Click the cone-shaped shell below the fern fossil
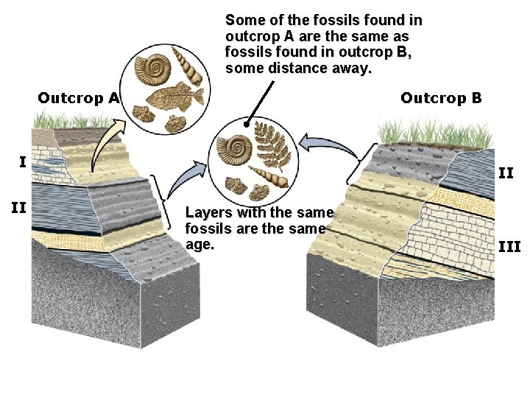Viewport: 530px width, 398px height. pyautogui.click(x=266, y=177)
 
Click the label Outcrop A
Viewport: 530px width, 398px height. pyautogui.click(x=78, y=98)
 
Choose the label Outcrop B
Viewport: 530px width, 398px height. pyautogui.click(x=441, y=98)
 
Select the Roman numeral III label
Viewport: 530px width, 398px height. pyautogui.click(x=509, y=245)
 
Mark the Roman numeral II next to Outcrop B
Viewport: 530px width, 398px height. pyautogui.click(x=506, y=173)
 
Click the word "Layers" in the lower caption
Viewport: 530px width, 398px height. pyautogui.click(x=206, y=213)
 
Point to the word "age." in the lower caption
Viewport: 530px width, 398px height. pyautogui.click(x=199, y=243)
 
